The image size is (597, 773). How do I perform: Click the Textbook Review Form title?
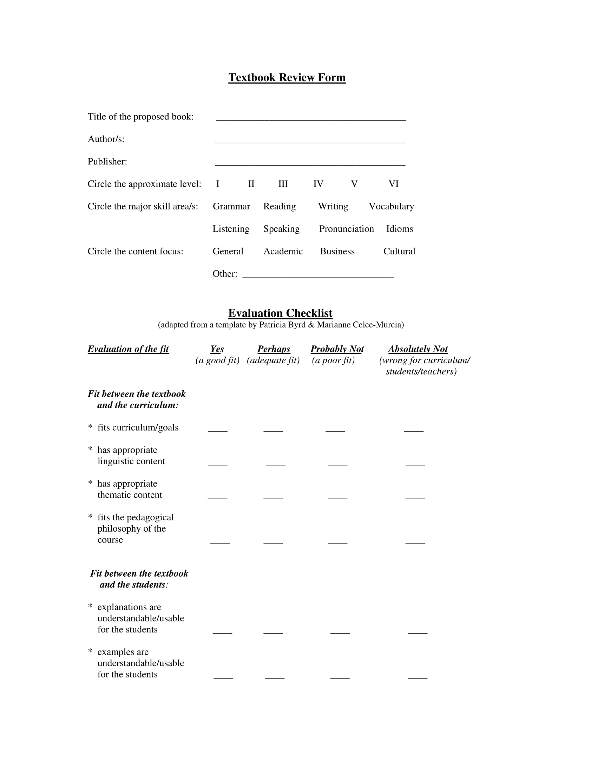pyautogui.click(x=287, y=78)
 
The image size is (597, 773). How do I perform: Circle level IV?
pyautogui.click(x=318, y=184)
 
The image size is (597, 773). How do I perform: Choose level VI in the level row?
pyautogui.click(x=393, y=184)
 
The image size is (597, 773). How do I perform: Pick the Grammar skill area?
pyautogui.click(x=231, y=206)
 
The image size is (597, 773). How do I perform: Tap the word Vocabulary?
pyautogui.click(x=391, y=206)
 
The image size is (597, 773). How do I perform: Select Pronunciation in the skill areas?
pyautogui.click(x=346, y=229)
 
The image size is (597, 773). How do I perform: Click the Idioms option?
pyautogui.click(x=399, y=229)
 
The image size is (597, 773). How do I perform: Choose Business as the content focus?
pyautogui.click(x=337, y=251)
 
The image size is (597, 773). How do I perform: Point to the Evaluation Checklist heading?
pyautogui.click(x=280, y=313)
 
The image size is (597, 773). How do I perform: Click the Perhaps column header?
pyautogui.click(x=274, y=349)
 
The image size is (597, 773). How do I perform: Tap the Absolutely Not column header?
pyautogui.click(x=418, y=349)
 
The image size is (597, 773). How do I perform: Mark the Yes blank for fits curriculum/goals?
pyautogui.click(x=217, y=430)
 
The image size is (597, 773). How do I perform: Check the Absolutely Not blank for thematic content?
pyautogui.click(x=415, y=497)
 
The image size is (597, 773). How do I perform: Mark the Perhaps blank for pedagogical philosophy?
pyautogui.click(x=273, y=542)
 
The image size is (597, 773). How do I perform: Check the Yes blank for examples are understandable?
pyautogui.click(x=223, y=677)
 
